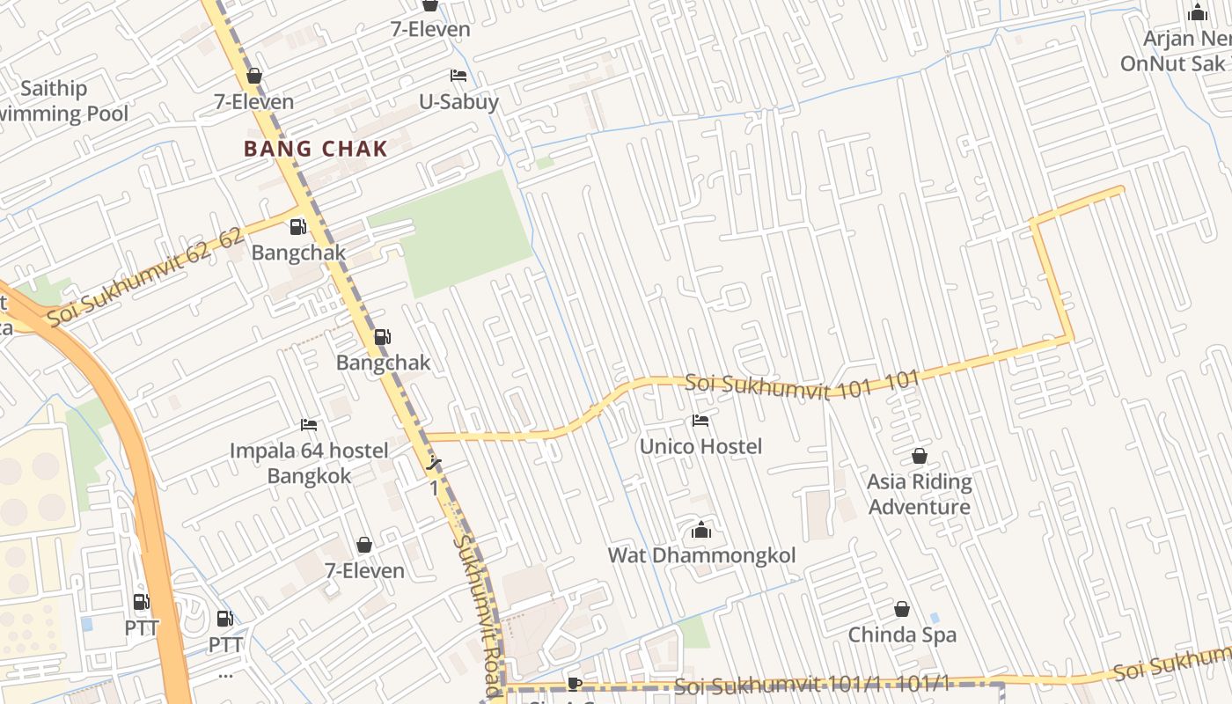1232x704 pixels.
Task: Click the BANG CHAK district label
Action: (315, 149)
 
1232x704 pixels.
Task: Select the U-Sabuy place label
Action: (458, 102)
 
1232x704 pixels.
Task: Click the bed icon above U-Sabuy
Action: (458, 76)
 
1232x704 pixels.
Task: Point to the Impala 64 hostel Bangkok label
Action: (309, 463)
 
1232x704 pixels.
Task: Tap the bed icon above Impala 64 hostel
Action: (309, 425)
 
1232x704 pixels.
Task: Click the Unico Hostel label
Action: (700, 447)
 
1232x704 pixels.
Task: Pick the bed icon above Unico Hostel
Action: (700, 421)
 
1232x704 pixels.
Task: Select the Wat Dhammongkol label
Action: (701, 556)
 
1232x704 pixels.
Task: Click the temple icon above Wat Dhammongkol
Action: (701, 530)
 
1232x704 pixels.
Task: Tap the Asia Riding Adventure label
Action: (920, 494)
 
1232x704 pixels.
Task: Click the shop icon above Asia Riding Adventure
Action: (920, 456)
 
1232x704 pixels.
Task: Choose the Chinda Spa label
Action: (902, 634)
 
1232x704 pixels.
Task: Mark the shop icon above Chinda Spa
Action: (902, 609)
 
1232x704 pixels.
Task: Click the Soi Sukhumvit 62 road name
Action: (145, 278)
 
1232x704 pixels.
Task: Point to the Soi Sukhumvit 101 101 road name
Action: (801, 385)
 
